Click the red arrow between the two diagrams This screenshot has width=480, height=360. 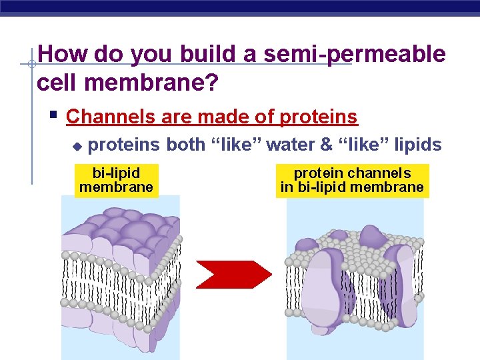coord(233,274)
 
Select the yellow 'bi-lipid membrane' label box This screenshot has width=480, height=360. coord(116,180)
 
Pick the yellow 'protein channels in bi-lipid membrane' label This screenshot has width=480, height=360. coord(352,180)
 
